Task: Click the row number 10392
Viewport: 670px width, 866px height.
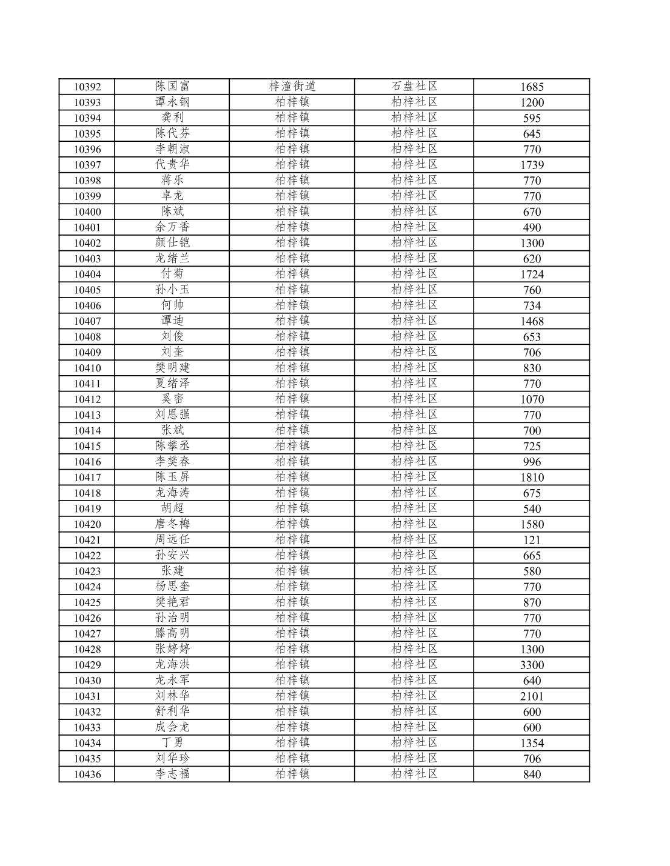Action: pos(87,87)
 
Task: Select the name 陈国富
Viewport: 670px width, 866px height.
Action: pos(172,86)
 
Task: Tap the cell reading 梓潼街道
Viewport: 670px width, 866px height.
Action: pos(292,86)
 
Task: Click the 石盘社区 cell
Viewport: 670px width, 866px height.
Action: pos(414,86)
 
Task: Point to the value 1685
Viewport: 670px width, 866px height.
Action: pos(532,87)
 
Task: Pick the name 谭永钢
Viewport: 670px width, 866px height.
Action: pos(172,102)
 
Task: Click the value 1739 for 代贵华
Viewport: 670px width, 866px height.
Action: pos(532,165)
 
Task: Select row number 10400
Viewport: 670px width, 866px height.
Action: pos(87,212)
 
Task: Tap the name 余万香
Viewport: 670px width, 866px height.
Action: pos(172,227)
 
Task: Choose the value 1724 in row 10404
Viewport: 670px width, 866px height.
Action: pos(532,274)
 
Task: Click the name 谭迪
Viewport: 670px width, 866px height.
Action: pos(172,321)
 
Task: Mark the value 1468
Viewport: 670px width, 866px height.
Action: pos(532,321)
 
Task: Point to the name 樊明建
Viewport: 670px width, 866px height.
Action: pos(172,367)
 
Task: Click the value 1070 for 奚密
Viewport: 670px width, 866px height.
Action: pos(532,399)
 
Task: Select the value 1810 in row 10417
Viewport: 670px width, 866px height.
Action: pos(532,478)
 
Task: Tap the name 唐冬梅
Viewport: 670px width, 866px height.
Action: pos(172,524)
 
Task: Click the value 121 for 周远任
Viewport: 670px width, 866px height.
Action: pos(532,540)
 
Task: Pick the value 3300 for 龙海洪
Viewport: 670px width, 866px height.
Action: pos(532,665)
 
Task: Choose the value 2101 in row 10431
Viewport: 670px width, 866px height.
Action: pos(532,696)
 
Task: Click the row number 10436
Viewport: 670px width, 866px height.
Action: pos(87,774)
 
